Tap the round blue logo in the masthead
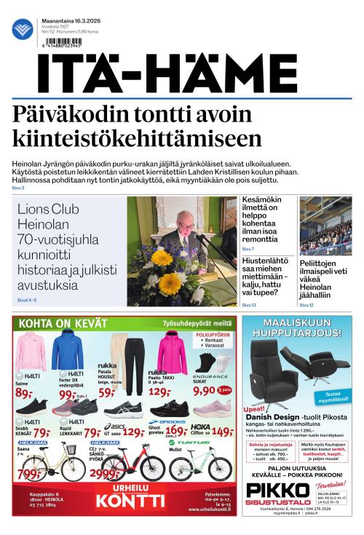point(23,29)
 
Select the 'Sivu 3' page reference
point(18,189)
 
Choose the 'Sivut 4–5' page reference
point(26,300)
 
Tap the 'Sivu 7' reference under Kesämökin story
point(248,249)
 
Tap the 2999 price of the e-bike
point(105,474)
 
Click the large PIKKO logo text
point(277,489)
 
